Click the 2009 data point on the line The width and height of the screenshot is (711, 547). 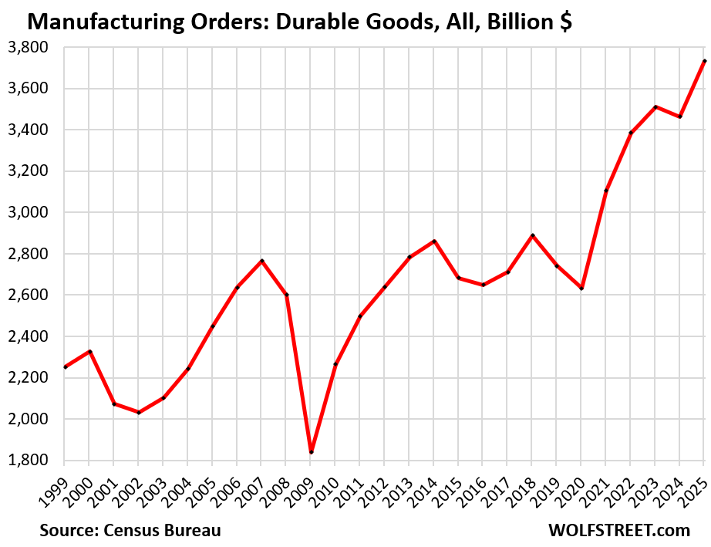coord(311,452)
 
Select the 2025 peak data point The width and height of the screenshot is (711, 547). coord(704,61)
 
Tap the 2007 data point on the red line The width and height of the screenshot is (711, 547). coord(261,261)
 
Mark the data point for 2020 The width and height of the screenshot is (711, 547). coord(581,289)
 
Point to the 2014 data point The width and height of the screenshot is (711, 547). coord(434,241)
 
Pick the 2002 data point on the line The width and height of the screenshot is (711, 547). coord(139,413)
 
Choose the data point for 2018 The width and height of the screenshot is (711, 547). coord(532,235)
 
